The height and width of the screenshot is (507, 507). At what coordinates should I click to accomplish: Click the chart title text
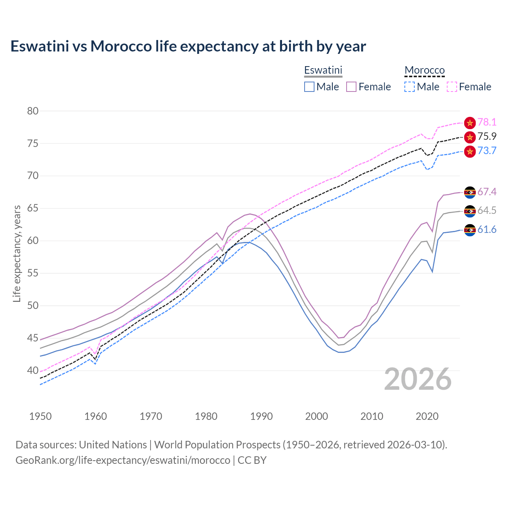[x=188, y=46]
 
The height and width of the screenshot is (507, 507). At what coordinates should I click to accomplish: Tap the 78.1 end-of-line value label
[x=487, y=122]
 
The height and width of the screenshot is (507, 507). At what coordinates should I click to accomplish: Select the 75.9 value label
[x=487, y=137]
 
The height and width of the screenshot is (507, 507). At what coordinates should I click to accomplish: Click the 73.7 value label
[x=487, y=151]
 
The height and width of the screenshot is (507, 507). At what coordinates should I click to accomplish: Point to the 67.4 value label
[x=487, y=192]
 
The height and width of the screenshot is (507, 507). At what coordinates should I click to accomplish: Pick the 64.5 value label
[x=487, y=211]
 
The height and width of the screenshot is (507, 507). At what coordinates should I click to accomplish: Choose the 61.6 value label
[x=487, y=230]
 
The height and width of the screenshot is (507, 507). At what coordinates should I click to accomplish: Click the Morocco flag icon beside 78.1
[x=470, y=123]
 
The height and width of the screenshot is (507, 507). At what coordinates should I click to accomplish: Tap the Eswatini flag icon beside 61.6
[x=470, y=230]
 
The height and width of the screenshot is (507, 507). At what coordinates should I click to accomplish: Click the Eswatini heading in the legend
[x=323, y=70]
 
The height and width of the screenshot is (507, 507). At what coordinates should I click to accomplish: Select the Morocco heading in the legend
[x=425, y=70]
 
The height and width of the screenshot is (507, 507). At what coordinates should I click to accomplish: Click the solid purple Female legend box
[x=351, y=87]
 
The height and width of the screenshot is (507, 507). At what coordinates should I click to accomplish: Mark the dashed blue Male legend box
[x=410, y=87]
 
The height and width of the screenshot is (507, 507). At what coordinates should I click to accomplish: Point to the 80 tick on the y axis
[x=33, y=111]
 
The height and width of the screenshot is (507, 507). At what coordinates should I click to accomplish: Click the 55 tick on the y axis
[x=33, y=273]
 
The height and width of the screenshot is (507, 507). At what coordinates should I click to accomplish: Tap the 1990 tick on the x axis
[x=261, y=416]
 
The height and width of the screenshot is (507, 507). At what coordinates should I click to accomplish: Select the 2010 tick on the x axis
[x=372, y=416]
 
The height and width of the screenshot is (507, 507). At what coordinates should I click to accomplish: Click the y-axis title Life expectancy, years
[x=17, y=253]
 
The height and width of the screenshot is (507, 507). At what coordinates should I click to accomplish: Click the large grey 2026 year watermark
[x=418, y=379]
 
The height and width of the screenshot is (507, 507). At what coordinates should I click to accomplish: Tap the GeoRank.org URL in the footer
[x=123, y=460]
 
